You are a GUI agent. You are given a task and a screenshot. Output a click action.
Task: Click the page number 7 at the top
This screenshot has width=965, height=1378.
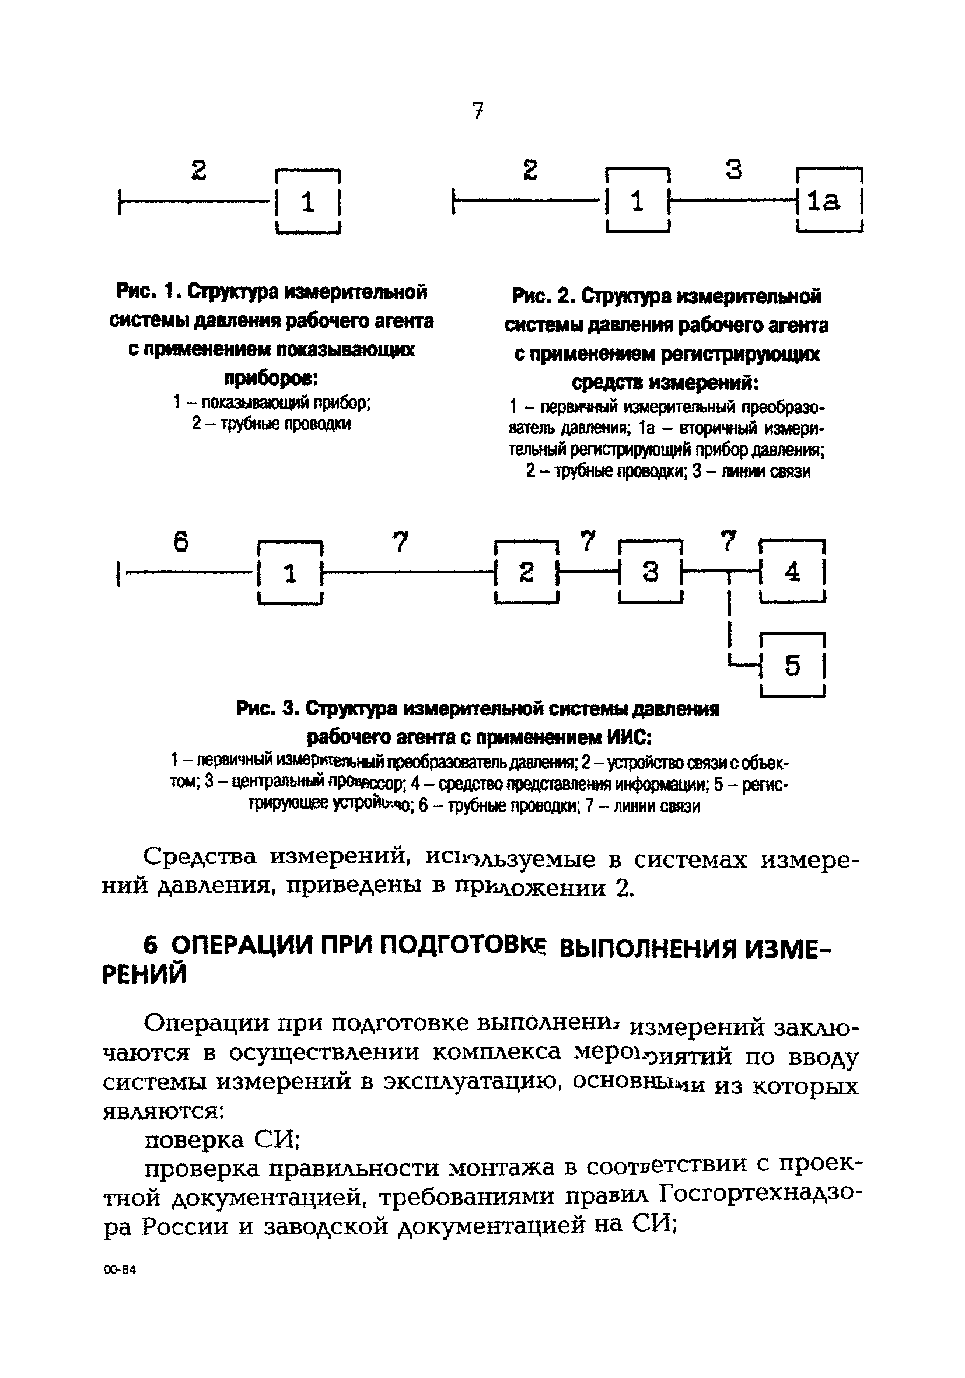pyautogui.click(x=478, y=111)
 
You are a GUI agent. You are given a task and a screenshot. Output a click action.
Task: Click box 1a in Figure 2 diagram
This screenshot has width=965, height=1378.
pyautogui.click(x=829, y=201)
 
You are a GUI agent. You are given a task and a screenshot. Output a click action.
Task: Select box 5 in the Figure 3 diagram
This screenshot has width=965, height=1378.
pyautogui.click(x=792, y=666)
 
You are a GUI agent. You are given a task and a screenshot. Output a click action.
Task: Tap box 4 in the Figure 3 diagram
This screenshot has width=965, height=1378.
pyautogui.click(x=792, y=572)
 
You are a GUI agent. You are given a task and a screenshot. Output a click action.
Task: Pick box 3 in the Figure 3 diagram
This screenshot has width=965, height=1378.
pyautogui.click(x=651, y=572)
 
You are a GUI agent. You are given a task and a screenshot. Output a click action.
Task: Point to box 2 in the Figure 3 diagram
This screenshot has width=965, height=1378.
pyautogui.click(x=526, y=572)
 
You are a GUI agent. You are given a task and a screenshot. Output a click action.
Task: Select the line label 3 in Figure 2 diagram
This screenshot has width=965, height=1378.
pyautogui.click(x=733, y=170)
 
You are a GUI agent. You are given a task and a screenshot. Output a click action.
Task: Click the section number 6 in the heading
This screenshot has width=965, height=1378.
pyautogui.click(x=151, y=946)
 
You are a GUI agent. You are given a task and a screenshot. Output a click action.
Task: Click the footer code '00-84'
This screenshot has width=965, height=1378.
pyautogui.click(x=120, y=1271)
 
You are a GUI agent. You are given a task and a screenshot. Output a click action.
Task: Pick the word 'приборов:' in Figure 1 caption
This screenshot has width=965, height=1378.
pyautogui.click(x=271, y=379)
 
